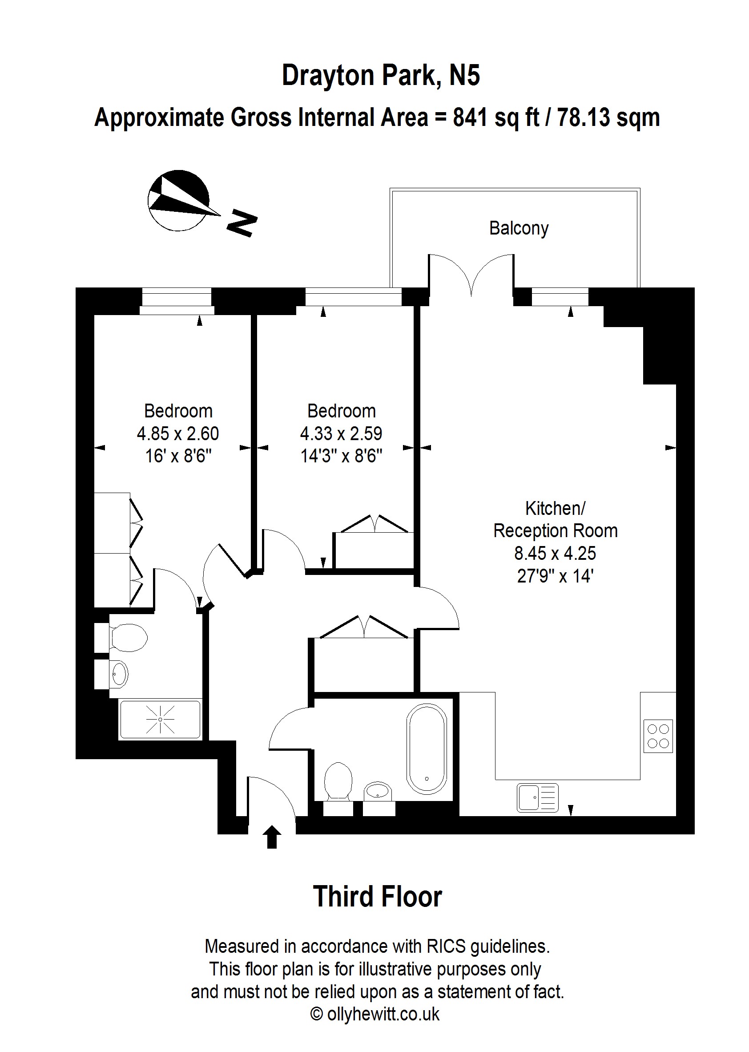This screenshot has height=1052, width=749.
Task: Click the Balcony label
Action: [519, 228]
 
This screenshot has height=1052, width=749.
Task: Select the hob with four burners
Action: [658, 736]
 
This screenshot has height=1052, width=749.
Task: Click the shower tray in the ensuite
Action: [160, 719]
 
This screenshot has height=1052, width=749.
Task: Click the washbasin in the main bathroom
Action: [378, 791]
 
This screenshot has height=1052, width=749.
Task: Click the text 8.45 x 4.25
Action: [555, 553]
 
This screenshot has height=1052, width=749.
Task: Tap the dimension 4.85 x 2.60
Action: [178, 434]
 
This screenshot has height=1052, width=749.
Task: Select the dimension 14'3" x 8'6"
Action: [341, 456]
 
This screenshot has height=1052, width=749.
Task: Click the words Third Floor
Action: [378, 897]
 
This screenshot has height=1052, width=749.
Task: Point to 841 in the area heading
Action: [471, 117]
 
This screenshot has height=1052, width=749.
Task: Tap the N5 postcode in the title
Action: [464, 75]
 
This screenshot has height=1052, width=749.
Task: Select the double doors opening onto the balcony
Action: [471, 275]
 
